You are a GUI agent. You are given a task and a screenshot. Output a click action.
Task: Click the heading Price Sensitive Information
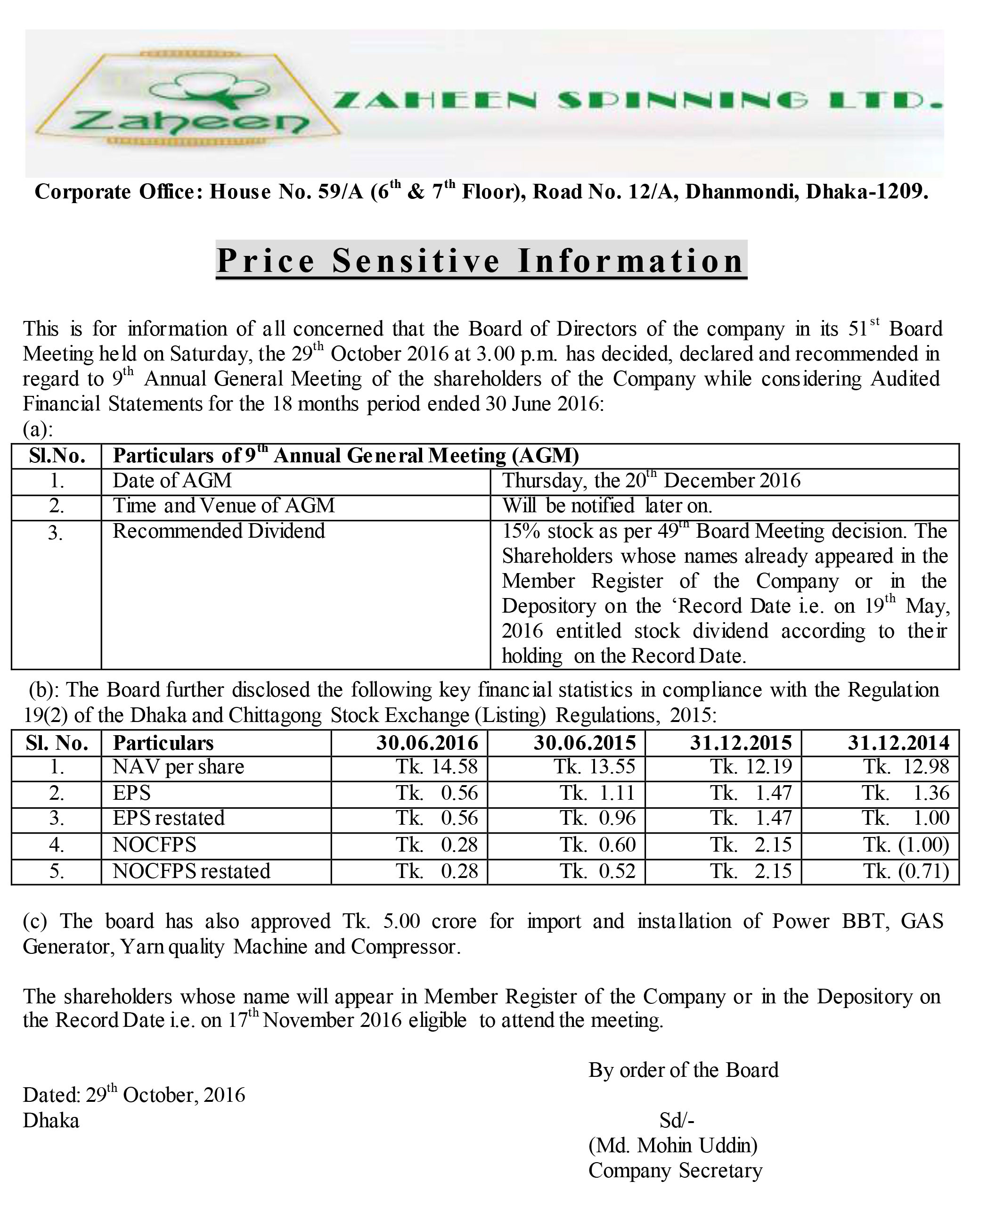click(x=481, y=261)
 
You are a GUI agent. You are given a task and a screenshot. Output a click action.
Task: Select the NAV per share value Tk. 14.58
click(x=437, y=766)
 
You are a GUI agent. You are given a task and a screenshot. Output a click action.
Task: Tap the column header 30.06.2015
click(x=585, y=743)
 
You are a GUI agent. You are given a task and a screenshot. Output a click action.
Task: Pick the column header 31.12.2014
click(x=898, y=743)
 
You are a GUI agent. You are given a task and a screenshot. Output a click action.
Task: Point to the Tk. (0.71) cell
click(x=906, y=871)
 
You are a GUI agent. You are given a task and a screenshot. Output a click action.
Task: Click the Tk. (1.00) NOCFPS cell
click(x=906, y=845)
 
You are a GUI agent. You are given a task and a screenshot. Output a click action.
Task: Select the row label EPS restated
click(x=169, y=818)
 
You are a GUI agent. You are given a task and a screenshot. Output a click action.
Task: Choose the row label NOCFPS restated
click(x=191, y=871)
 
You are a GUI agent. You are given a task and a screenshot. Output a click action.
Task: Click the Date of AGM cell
click(x=172, y=480)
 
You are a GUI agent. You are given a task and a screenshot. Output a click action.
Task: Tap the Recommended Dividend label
click(x=219, y=531)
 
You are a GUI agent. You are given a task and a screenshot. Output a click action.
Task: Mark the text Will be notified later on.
click(x=607, y=506)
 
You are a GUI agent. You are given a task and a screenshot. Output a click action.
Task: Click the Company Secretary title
click(x=675, y=1170)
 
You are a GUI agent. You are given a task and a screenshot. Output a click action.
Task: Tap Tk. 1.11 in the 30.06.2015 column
click(x=597, y=793)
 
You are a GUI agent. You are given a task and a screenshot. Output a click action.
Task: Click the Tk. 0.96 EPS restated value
click(x=597, y=818)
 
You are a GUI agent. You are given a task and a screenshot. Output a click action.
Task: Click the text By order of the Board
click(x=683, y=1070)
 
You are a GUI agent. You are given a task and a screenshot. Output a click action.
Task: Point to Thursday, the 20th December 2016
click(x=651, y=480)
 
